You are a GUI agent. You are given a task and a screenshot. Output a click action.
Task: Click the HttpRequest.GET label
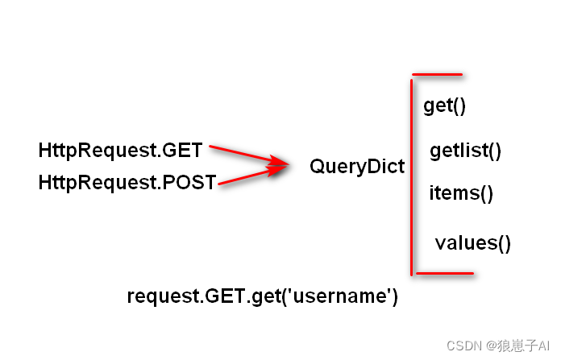point(120,151)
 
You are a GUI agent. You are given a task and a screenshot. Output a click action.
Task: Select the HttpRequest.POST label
point(127,184)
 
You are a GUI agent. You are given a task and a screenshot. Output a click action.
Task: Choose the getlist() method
point(466,151)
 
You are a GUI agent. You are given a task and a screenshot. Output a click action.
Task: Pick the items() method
point(461,193)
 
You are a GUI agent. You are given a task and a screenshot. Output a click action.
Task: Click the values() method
point(473,242)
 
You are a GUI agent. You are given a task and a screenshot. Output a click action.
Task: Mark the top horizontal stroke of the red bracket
point(437,76)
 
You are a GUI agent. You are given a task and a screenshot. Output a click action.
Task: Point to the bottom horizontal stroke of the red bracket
point(443,273)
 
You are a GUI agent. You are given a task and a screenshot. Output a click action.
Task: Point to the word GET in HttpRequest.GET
point(183,151)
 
